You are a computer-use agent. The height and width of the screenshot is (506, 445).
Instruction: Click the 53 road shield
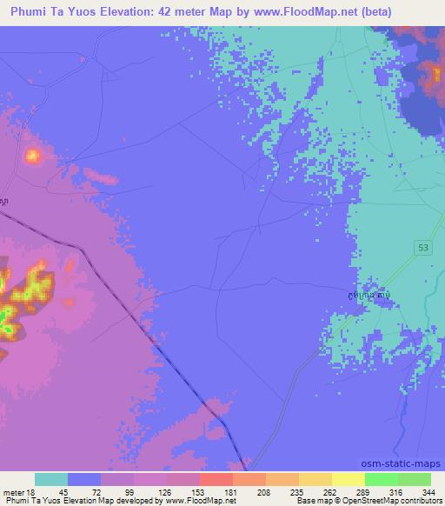422,248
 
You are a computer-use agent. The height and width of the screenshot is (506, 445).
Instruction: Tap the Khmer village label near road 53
365,296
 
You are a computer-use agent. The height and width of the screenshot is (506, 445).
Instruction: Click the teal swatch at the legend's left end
51,479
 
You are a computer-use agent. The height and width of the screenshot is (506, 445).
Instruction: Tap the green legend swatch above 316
381,479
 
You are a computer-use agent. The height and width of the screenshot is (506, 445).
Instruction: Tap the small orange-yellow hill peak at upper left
33,156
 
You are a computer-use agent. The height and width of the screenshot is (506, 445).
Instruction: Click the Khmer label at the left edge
5,202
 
